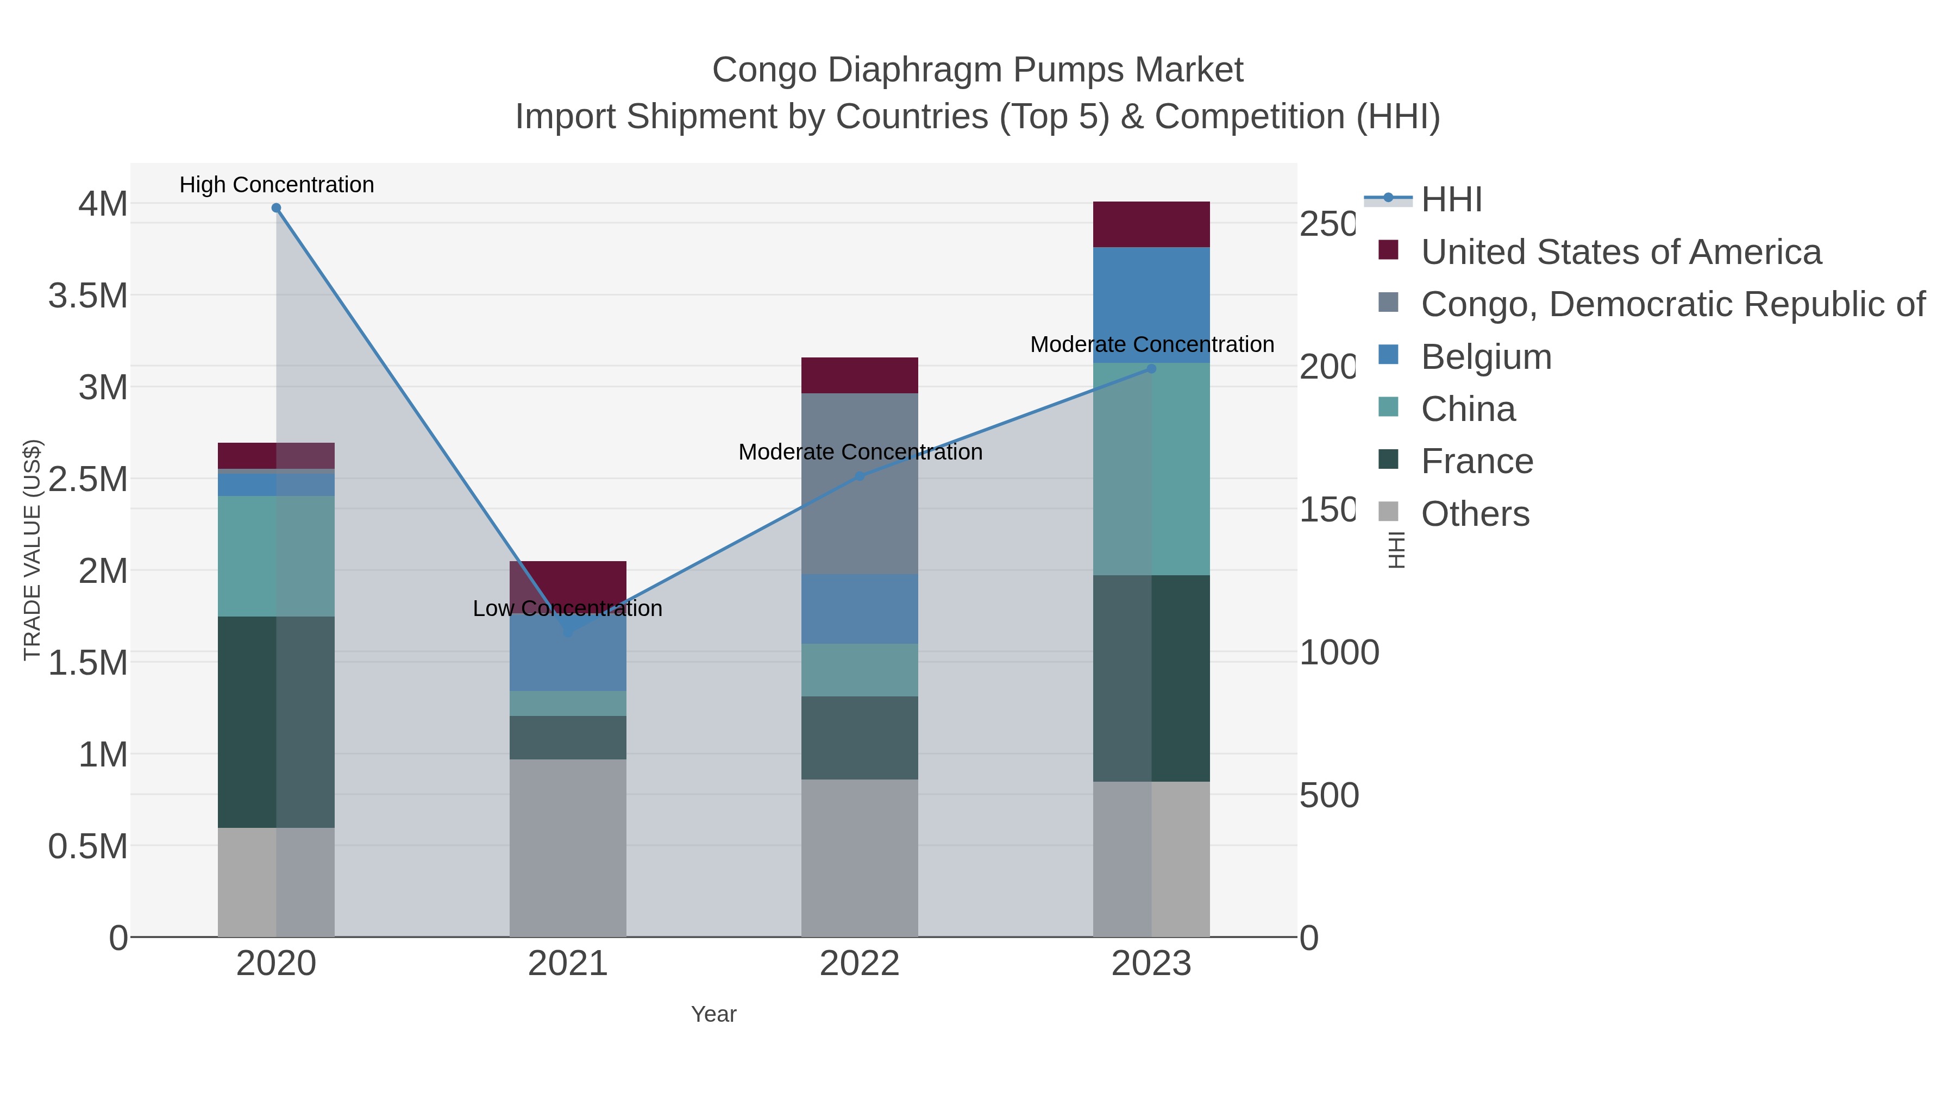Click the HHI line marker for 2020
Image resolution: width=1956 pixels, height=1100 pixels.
[277, 208]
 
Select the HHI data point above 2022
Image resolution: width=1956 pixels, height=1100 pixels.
[860, 476]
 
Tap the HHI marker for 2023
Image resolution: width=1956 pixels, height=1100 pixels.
[1151, 369]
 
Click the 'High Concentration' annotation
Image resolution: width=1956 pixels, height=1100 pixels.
[277, 185]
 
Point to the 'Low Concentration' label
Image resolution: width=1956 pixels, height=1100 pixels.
[567, 608]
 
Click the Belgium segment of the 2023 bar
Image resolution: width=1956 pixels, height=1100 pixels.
[1151, 304]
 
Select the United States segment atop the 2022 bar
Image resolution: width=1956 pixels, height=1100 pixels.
[860, 375]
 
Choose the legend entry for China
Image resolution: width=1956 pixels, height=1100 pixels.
[1467, 409]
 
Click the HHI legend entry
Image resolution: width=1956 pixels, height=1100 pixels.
[1450, 200]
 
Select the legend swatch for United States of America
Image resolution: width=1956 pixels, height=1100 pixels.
[1388, 250]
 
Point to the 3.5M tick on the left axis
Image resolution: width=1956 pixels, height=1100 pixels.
[88, 296]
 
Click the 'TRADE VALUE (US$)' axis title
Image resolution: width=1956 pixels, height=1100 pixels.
[33, 550]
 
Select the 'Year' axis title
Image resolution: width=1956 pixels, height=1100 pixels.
[713, 1014]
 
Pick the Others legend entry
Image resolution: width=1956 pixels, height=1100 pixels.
[1474, 514]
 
